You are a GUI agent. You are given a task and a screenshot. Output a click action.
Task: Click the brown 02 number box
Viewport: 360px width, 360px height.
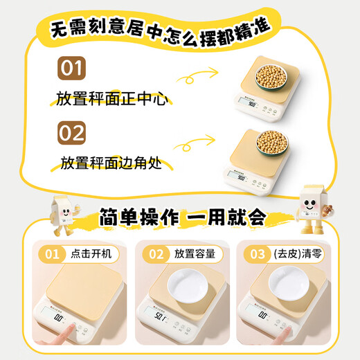[x=71, y=133]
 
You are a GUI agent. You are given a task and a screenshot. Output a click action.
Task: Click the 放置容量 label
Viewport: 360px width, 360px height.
[x=196, y=254]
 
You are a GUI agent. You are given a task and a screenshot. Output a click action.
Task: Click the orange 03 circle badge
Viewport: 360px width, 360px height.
[x=253, y=254]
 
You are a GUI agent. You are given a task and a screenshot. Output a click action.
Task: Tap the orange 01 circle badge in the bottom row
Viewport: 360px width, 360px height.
[x=52, y=254]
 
